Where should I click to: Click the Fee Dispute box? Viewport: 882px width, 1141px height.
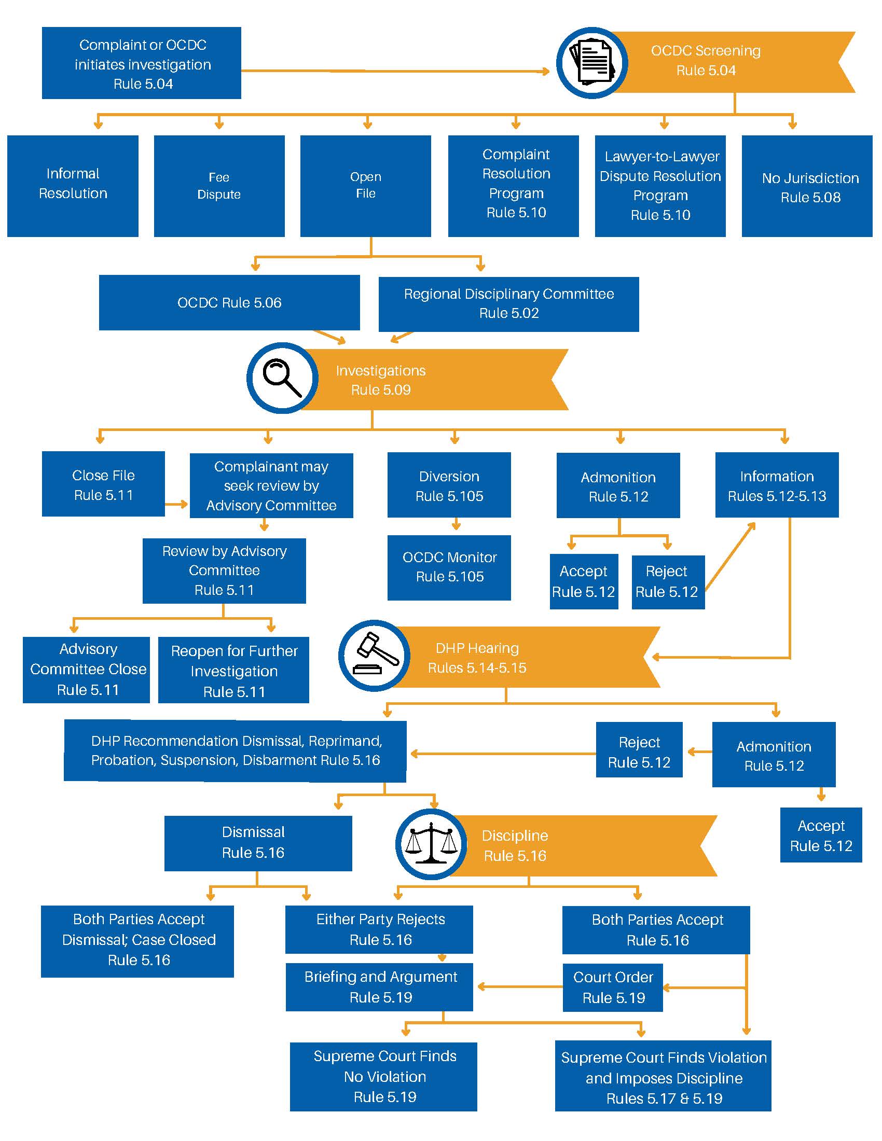pyautogui.click(x=219, y=186)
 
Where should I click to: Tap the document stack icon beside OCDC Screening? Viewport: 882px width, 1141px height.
pyautogui.click(x=592, y=63)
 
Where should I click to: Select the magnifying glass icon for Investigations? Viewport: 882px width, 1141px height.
pyautogui.click(x=282, y=378)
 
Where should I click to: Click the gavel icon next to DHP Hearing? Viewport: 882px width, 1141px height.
pyautogui.click(x=374, y=656)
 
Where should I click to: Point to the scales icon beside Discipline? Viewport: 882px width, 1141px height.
pyautogui.click(x=431, y=844)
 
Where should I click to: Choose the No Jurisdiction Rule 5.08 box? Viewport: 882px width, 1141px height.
pyautogui.click(x=807, y=187)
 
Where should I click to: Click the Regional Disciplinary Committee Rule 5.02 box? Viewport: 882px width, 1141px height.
pyautogui.click(x=508, y=303)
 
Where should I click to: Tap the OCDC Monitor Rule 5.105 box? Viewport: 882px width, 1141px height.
pyautogui.click(x=449, y=567)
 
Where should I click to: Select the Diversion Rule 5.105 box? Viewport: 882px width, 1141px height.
pyautogui.click(x=449, y=485)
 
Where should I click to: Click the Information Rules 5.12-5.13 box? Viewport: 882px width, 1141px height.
pyautogui.click(x=777, y=485)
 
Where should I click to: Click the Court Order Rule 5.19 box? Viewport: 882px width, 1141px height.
pyautogui.click(x=612, y=987)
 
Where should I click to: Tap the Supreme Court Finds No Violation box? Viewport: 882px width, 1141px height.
pyautogui.click(x=383, y=1076)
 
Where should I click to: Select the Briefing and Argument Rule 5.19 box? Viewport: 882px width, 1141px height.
pyautogui.click(x=379, y=987)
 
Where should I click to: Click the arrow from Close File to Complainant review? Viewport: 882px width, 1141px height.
pyautogui.click(x=176, y=504)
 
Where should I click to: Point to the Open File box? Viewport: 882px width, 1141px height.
pyautogui.click(x=365, y=186)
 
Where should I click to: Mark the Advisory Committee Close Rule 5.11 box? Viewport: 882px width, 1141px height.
pyautogui.click(x=86, y=669)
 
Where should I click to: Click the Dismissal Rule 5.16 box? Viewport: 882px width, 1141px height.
pyautogui.click(x=258, y=843)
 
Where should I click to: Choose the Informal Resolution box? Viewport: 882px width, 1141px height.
pyautogui.click(x=73, y=186)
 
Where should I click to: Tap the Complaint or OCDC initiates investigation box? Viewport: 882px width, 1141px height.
pyautogui.click(x=142, y=63)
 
